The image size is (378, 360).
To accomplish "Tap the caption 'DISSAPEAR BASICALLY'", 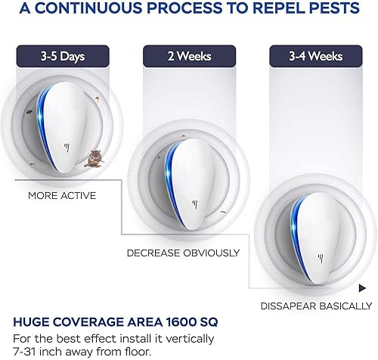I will click(x=315, y=306).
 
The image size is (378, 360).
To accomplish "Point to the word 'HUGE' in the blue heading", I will click(x=32, y=320).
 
